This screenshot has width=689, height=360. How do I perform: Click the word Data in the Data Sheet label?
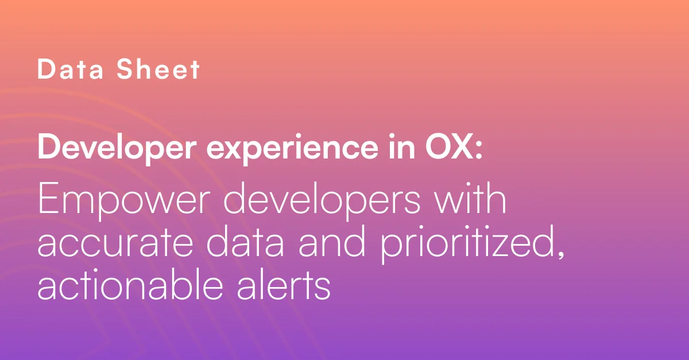click(x=70, y=69)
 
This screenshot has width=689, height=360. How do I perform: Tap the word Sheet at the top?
click(x=158, y=69)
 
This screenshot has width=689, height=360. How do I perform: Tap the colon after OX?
click(x=478, y=149)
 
